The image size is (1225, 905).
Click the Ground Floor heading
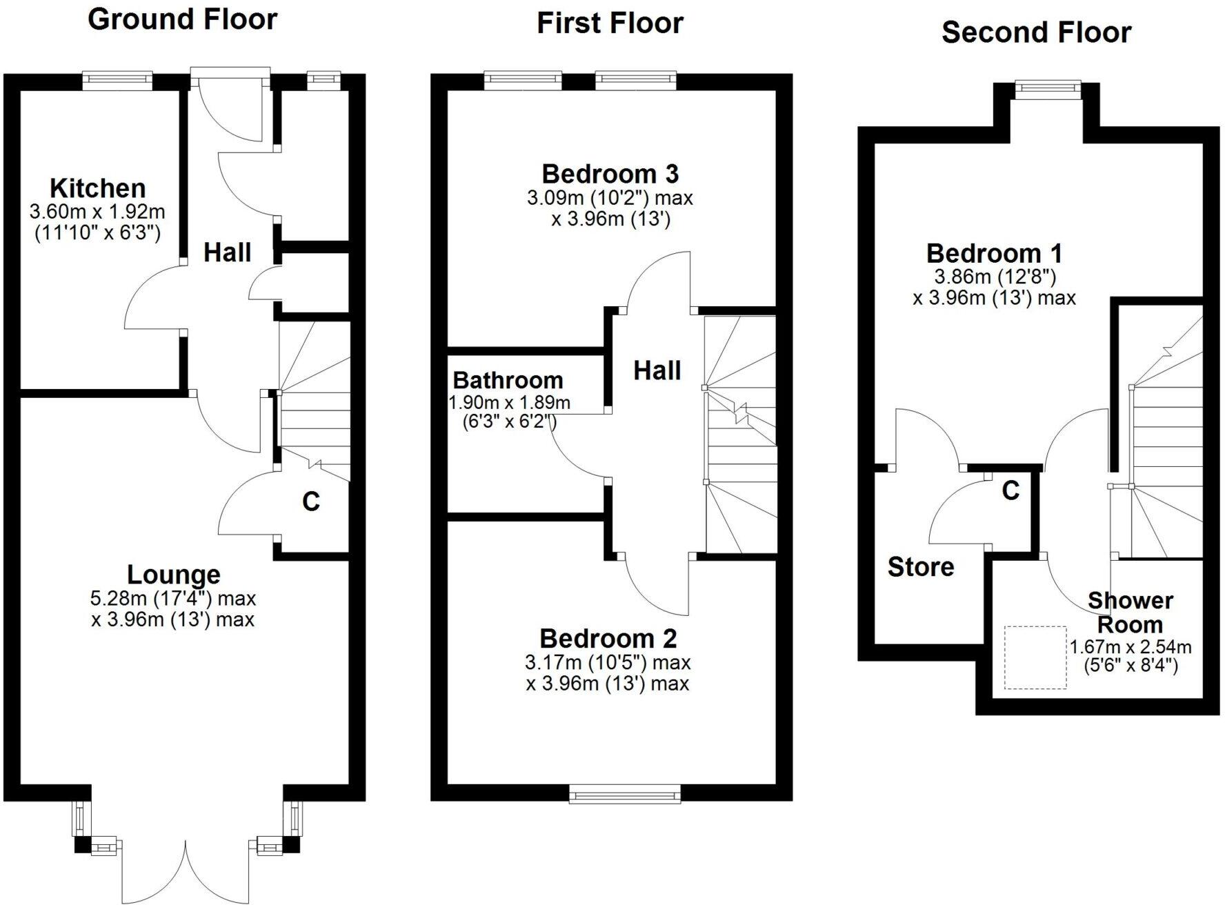tap(182, 19)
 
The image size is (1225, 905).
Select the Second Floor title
tap(1036, 32)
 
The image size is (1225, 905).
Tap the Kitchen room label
tap(97, 188)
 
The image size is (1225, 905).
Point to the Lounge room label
tap(174, 574)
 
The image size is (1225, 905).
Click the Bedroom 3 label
tap(610, 173)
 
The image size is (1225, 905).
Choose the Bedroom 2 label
tap(608, 638)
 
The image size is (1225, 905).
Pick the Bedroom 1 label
tap(994, 253)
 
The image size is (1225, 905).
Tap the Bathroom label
tap(508, 380)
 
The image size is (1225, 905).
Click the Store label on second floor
tap(921, 567)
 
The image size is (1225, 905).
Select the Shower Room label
tap(1130, 613)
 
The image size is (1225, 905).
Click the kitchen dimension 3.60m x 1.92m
tap(97, 211)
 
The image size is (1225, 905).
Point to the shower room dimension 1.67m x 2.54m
tap(1131, 648)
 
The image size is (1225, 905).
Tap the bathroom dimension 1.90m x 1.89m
tap(510, 402)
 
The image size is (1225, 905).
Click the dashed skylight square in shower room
tap(1035, 657)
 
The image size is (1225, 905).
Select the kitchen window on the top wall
tap(117, 80)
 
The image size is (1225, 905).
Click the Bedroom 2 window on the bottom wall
tap(625, 795)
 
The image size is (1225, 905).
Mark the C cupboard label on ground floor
tap(311, 501)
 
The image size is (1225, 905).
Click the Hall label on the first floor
tap(657, 371)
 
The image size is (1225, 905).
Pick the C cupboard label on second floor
tap(1010, 490)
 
